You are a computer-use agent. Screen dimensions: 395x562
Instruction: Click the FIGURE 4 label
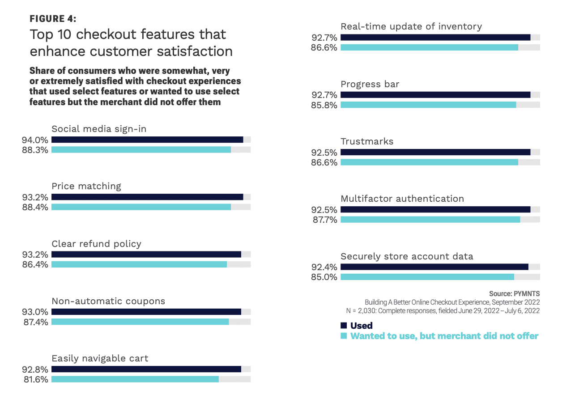[53, 18]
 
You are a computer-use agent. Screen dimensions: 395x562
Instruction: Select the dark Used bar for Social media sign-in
[147, 140]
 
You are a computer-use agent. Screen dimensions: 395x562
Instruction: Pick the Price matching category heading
[86, 186]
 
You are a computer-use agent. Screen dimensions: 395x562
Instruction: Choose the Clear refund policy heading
[96, 244]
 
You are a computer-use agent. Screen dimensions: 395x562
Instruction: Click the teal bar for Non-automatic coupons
[140, 322]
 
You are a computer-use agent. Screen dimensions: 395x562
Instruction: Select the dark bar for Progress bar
[435, 95]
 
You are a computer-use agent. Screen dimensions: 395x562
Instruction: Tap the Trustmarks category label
[367, 141]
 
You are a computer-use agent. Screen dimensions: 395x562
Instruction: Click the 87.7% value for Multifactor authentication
[324, 220]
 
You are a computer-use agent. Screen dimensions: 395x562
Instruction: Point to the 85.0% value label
[324, 277]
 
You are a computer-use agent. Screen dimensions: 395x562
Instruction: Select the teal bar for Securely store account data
[427, 277]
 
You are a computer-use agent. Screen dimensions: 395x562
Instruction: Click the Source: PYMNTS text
[515, 293]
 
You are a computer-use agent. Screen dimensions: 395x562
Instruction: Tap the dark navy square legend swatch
[344, 325]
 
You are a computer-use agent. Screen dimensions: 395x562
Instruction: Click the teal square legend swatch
[344, 336]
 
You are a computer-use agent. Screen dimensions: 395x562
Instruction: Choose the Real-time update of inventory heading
[411, 26]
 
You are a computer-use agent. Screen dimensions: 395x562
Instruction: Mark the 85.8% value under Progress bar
[324, 105]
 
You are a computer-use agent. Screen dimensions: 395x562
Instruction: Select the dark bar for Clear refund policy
[146, 254]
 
